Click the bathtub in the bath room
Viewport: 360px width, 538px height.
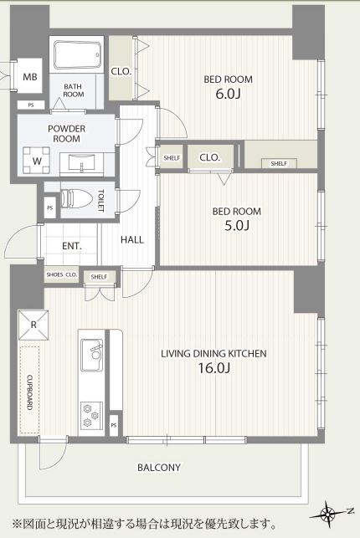(78, 55)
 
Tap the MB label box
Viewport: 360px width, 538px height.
(30, 76)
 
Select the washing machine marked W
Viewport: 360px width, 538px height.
(37, 161)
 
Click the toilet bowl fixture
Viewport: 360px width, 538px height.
(77, 198)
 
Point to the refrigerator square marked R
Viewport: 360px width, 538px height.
(33, 325)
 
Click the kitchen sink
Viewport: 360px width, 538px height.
(91, 355)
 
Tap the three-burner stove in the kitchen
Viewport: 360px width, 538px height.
(91, 416)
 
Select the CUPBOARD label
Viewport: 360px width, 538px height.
(30, 392)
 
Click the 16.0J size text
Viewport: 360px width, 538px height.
(213, 368)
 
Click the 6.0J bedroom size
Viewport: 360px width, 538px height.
(227, 94)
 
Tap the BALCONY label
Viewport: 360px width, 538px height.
(159, 468)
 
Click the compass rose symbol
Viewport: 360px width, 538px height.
(328, 514)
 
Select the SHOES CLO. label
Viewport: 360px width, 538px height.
(62, 274)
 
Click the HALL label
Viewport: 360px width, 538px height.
(132, 239)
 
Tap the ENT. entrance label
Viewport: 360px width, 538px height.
(72, 246)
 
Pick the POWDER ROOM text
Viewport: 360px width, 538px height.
(67, 134)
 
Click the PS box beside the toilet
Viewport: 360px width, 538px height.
(50, 208)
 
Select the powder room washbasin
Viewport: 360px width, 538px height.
(82, 161)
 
